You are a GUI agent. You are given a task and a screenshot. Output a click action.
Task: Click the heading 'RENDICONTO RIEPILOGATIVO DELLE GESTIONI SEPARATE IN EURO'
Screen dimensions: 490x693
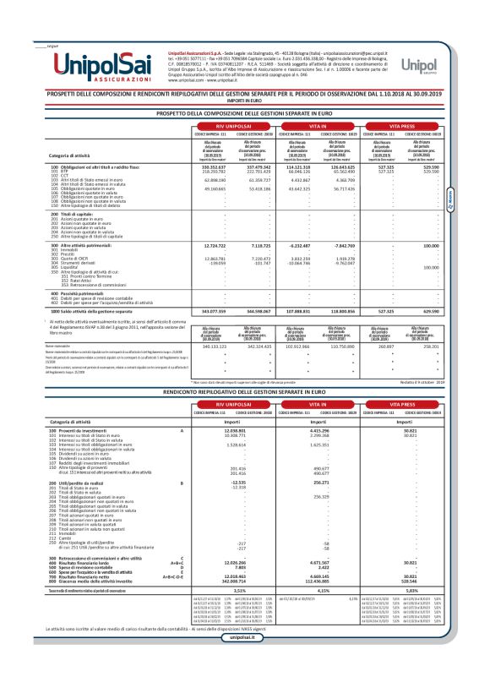[x=245, y=393]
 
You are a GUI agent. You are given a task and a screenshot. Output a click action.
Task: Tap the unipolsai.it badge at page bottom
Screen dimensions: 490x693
[x=245, y=661]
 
